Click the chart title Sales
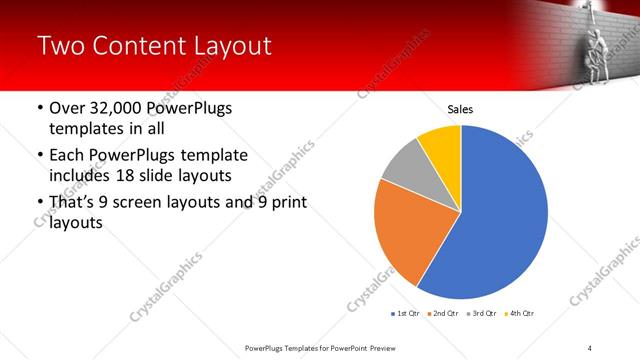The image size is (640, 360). coord(460,110)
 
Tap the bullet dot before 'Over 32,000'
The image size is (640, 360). coord(38,109)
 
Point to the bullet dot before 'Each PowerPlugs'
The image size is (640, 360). coord(38,156)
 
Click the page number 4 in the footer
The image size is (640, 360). coord(590,348)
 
